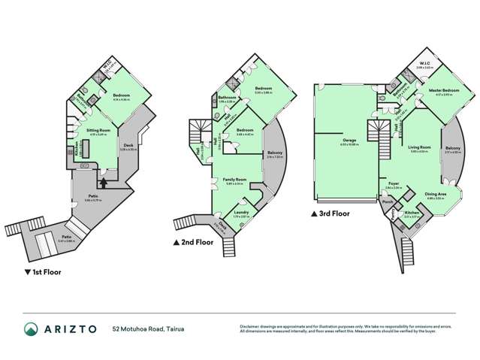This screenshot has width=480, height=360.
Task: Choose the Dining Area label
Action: click(436, 194)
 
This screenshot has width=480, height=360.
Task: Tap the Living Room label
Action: click(419, 147)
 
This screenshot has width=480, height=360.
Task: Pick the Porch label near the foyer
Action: click(388, 201)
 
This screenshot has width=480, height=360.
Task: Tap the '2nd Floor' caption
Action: click(195, 242)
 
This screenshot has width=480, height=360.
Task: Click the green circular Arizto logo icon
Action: click(30, 329)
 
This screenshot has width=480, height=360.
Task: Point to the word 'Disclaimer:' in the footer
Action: click(252, 325)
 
